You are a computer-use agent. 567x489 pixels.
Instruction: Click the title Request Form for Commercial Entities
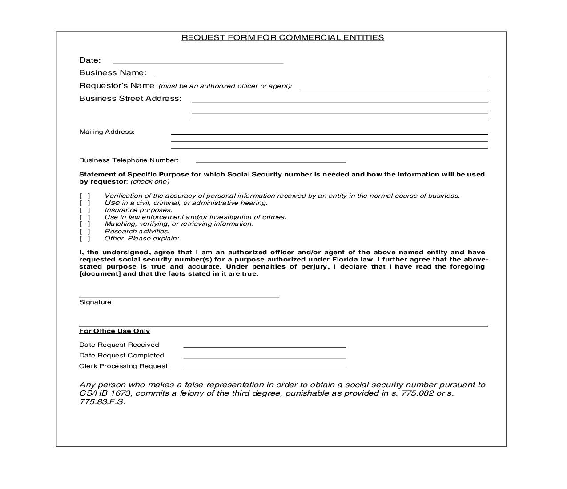[x=282, y=38]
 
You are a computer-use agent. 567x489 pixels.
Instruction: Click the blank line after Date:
[x=198, y=61]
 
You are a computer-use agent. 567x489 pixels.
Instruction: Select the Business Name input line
[x=321, y=74]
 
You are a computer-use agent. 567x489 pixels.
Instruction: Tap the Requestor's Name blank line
[x=394, y=87]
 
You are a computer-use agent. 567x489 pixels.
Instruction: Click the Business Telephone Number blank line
[x=270, y=160]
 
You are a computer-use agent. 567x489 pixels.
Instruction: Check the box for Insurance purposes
[x=85, y=210]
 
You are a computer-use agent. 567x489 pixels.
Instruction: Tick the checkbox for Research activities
[x=85, y=232]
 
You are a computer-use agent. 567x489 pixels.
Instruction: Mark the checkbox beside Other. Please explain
[x=85, y=239]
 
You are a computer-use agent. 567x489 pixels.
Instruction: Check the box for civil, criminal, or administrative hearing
[x=85, y=203]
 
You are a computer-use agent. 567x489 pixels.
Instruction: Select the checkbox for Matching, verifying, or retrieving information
[x=85, y=224]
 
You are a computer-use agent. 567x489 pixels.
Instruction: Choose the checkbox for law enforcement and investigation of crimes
[x=85, y=217]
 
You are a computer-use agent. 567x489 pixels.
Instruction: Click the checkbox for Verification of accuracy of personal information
[x=85, y=196]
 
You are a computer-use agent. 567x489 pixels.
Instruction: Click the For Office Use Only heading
[x=115, y=331]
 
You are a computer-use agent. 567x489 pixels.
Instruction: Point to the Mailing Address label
[x=107, y=132]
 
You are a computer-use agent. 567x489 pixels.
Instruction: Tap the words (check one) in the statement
[x=150, y=182]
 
